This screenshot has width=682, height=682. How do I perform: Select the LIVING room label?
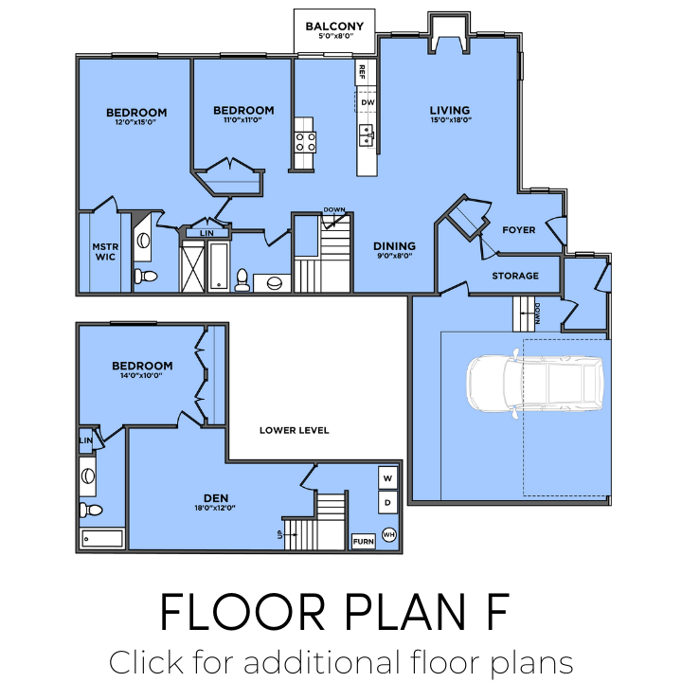tap(450, 110)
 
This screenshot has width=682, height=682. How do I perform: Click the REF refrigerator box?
tap(362, 72)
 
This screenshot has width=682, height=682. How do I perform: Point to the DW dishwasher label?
tap(368, 101)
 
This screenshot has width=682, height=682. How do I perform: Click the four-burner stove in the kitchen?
tap(305, 142)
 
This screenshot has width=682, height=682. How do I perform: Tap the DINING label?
tap(394, 245)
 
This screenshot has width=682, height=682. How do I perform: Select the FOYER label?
tap(519, 230)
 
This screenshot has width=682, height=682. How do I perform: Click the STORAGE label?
tap(515, 276)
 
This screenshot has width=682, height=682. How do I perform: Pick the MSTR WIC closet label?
tap(103, 251)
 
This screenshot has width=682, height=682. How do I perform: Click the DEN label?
tap(216, 497)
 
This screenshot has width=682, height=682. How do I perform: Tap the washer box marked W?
tap(388, 477)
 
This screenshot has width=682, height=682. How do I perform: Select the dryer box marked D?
tap(388, 502)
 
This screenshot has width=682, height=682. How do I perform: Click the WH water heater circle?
tap(388, 535)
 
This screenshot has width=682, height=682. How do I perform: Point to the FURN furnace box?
tap(363, 542)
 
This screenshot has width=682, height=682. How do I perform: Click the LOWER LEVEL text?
tap(295, 430)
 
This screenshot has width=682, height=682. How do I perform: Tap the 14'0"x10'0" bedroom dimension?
tap(142, 377)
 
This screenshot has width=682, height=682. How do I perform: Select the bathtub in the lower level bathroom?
tap(102, 539)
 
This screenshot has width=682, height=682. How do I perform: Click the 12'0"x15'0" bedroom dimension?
tap(136, 122)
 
